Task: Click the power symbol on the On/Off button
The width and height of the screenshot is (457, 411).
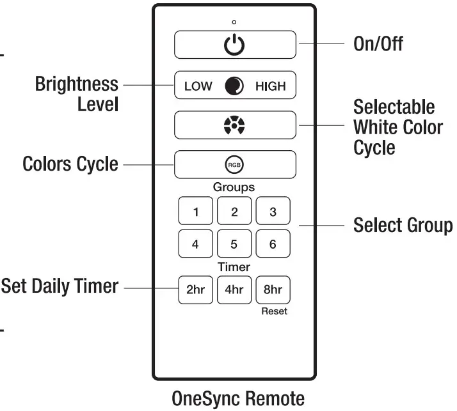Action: tap(235, 45)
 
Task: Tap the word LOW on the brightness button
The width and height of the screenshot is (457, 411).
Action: tap(198, 86)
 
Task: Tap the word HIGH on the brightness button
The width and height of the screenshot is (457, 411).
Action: tap(270, 86)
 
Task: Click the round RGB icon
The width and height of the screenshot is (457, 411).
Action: tap(235, 165)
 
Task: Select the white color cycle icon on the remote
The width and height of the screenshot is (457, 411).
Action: tap(235, 125)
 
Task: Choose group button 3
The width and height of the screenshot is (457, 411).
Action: tap(273, 212)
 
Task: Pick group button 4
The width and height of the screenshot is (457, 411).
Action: tap(195, 244)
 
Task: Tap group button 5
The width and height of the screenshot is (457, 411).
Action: tap(234, 244)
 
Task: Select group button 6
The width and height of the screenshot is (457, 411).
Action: tap(273, 244)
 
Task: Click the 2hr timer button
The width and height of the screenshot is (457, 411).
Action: tap(195, 289)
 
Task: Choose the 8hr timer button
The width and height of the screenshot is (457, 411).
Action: tap(273, 289)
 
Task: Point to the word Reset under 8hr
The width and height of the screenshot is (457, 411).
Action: tap(274, 311)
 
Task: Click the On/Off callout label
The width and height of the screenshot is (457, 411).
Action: tap(378, 45)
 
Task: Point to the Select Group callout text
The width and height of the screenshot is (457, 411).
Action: tap(403, 226)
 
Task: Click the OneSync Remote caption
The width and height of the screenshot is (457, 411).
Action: tap(238, 398)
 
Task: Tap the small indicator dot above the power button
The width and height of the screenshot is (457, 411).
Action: tap(234, 22)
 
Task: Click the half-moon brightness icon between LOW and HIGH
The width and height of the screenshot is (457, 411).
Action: tap(234, 86)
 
